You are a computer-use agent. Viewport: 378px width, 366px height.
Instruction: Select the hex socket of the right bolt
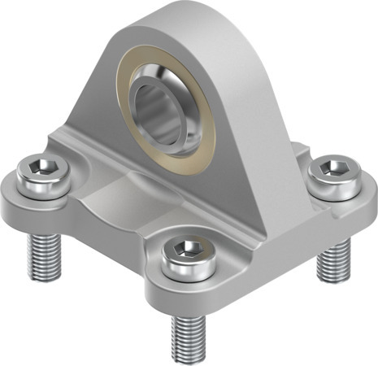coord(333,169)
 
